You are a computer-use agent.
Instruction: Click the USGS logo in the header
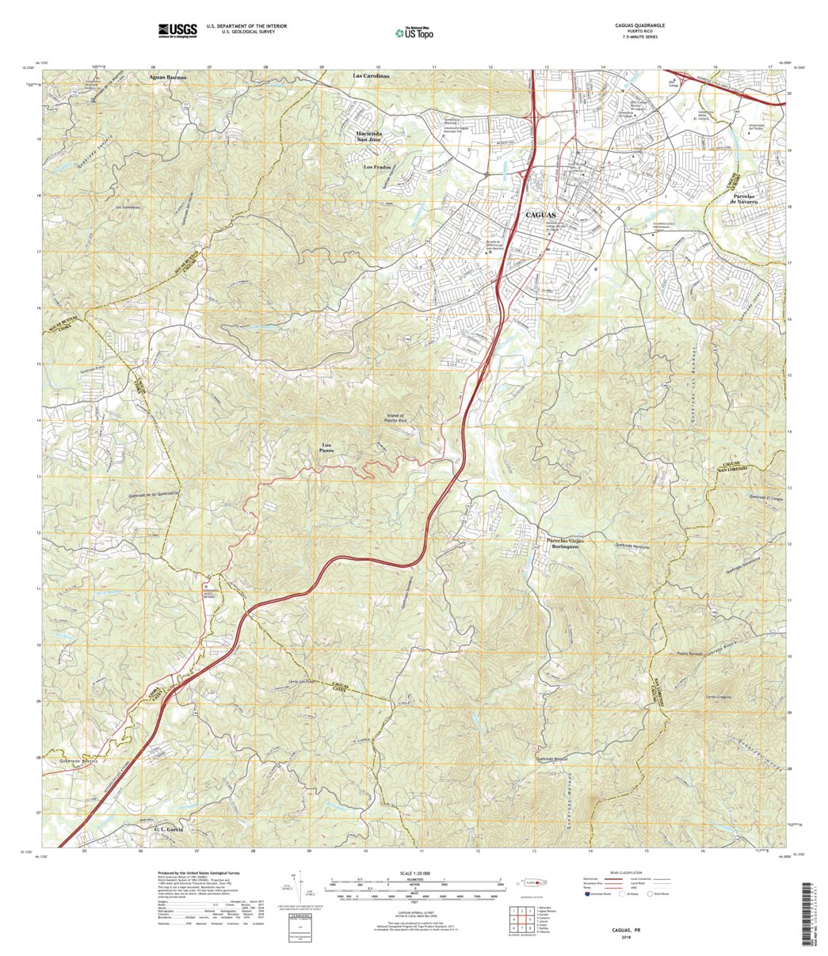click(x=177, y=31)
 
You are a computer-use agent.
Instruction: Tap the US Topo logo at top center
click(x=414, y=32)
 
